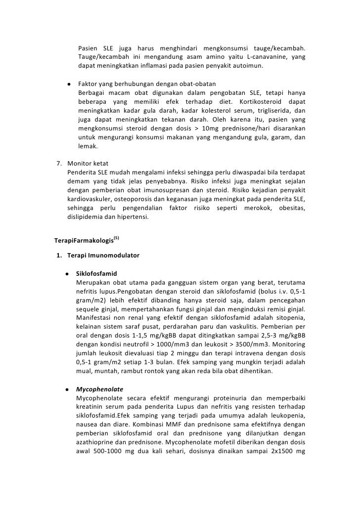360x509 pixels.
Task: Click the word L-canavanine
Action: pyautogui.click(x=268, y=57)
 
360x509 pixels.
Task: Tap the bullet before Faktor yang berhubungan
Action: pyautogui.click(x=69, y=84)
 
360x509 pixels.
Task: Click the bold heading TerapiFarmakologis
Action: pyautogui.click(x=83, y=242)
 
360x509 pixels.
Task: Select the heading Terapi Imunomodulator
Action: pyautogui.click(x=103, y=255)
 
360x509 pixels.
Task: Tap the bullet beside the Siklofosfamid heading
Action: pyautogui.click(x=66, y=273)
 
